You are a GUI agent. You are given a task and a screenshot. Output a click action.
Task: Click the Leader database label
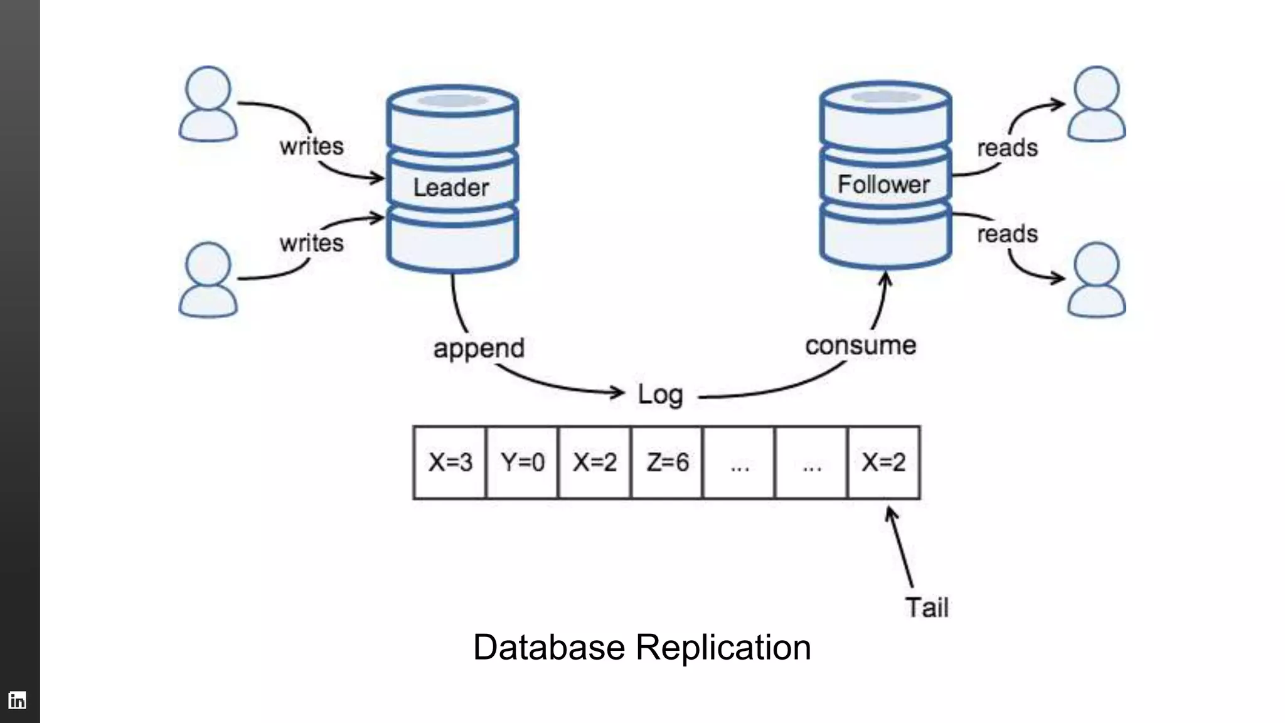[x=451, y=188]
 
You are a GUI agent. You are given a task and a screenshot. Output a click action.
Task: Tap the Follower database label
[x=883, y=185]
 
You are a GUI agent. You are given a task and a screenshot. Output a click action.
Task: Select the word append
[x=479, y=348]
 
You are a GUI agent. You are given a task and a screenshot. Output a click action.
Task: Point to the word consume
[x=860, y=346]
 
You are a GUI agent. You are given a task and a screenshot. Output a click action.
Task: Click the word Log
[x=660, y=395]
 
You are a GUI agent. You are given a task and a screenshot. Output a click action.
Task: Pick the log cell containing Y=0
[x=522, y=463]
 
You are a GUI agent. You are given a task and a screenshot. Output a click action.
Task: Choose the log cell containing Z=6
[x=667, y=463]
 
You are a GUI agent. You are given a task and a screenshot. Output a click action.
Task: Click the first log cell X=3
[x=450, y=463]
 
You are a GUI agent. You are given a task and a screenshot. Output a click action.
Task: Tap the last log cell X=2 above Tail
[x=883, y=463]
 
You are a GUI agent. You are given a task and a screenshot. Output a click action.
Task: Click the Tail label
[x=926, y=608]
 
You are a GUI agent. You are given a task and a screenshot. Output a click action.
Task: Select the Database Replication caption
[x=642, y=647]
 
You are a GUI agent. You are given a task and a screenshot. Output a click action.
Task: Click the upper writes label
[x=312, y=147]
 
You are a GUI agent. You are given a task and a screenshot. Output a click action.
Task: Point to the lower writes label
[x=312, y=243]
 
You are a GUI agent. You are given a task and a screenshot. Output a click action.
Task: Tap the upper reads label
[x=1007, y=148]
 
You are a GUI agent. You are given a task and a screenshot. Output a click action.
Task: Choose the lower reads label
[x=1007, y=234]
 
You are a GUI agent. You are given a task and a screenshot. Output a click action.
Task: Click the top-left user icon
[x=208, y=104]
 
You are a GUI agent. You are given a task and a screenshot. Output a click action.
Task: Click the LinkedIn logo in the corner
[x=18, y=700]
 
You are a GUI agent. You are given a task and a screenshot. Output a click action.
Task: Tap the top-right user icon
[x=1096, y=104]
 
